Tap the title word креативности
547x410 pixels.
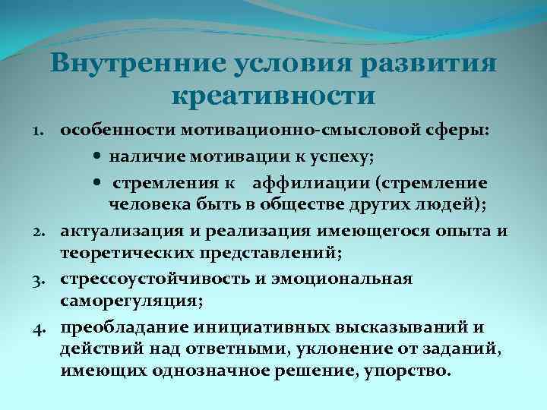tap(273, 96)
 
